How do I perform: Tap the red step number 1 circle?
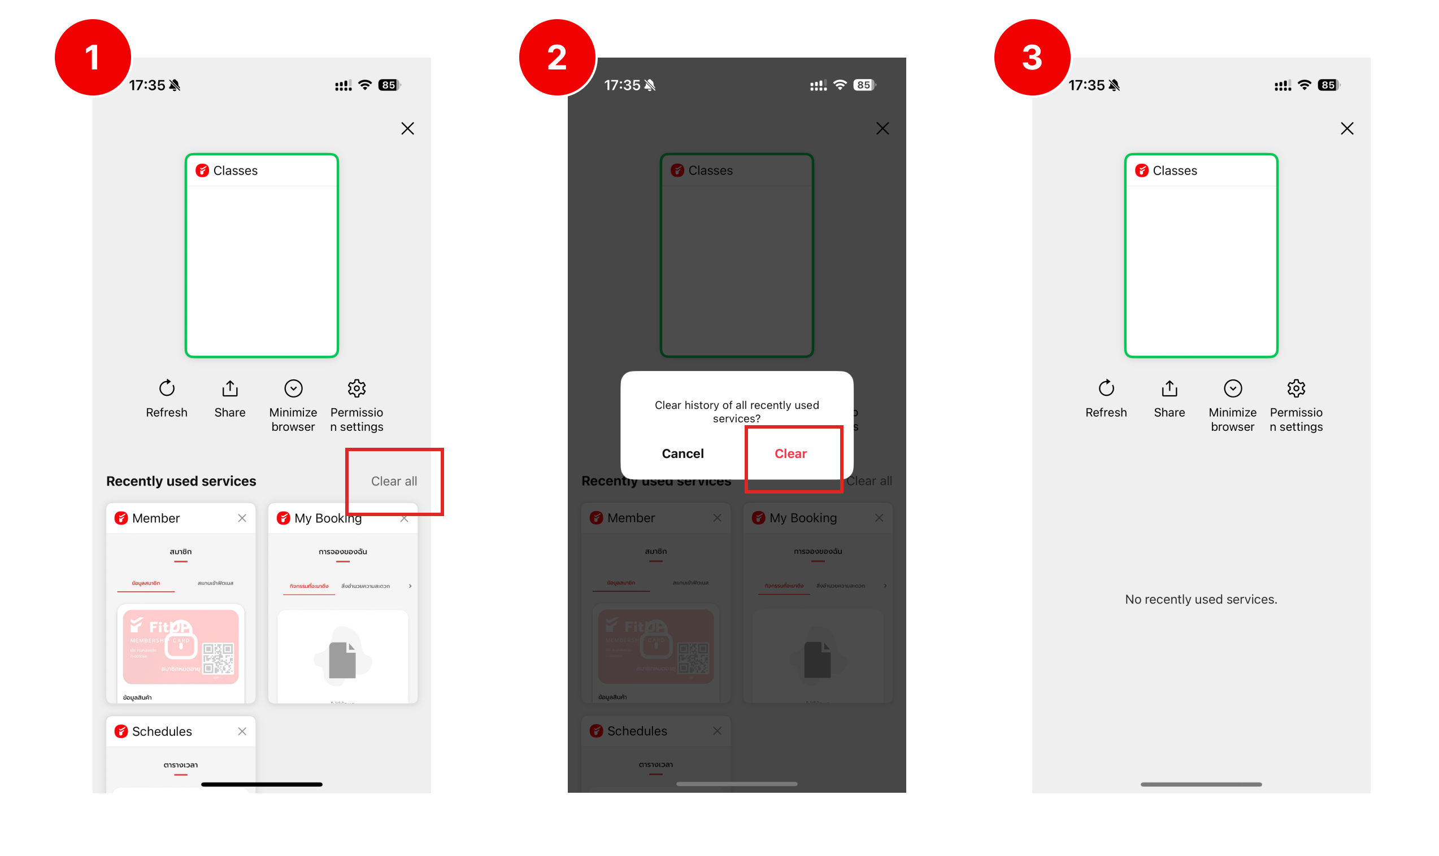[x=92, y=57]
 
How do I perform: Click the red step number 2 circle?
[x=557, y=57]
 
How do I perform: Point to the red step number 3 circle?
[x=1032, y=57]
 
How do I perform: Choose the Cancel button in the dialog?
[x=682, y=453]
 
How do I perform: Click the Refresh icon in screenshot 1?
[x=167, y=388]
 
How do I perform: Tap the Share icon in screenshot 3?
[x=1169, y=388]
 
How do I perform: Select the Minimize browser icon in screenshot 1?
[x=293, y=388]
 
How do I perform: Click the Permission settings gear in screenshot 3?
[x=1296, y=388]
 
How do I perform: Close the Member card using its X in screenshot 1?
[x=242, y=518]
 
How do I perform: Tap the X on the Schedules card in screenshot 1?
[x=242, y=731]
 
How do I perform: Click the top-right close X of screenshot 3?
[x=1347, y=128]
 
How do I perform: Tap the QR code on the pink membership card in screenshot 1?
[x=218, y=658]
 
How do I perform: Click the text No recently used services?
[x=1201, y=599]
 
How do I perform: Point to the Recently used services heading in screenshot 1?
[x=181, y=481]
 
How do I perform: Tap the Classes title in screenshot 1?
[x=236, y=171]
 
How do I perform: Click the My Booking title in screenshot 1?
[x=328, y=518]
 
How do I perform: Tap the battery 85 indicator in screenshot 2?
[x=864, y=85]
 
